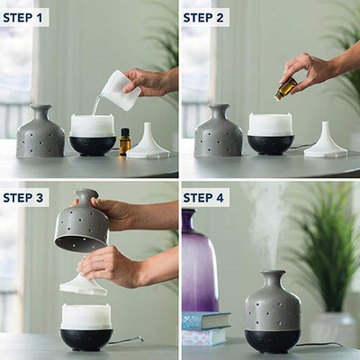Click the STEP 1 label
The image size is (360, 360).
(x=22, y=18)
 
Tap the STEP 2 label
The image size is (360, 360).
(x=203, y=18)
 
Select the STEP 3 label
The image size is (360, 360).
(x=23, y=198)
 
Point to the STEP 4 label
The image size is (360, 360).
(x=203, y=198)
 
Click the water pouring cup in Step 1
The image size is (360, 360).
(x=120, y=90)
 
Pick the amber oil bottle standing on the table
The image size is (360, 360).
(x=125, y=141)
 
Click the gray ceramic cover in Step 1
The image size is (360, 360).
(x=40, y=130)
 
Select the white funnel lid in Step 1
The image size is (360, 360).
(x=148, y=141)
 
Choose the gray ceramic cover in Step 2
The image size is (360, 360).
(x=218, y=130)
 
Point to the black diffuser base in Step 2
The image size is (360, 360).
(x=271, y=144)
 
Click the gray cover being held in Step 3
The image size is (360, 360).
(x=82, y=220)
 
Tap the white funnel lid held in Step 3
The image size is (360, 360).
(x=84, y=283)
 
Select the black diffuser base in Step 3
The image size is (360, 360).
(x=86, y=340)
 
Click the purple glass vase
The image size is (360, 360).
(x=199, y=261)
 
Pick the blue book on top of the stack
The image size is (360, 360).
(x=206, y=320)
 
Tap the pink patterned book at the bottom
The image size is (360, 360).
(x=204, y=337)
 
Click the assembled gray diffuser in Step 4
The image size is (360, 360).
(x=273, y=312)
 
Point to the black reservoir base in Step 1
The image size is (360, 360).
(x=93, y=146)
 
